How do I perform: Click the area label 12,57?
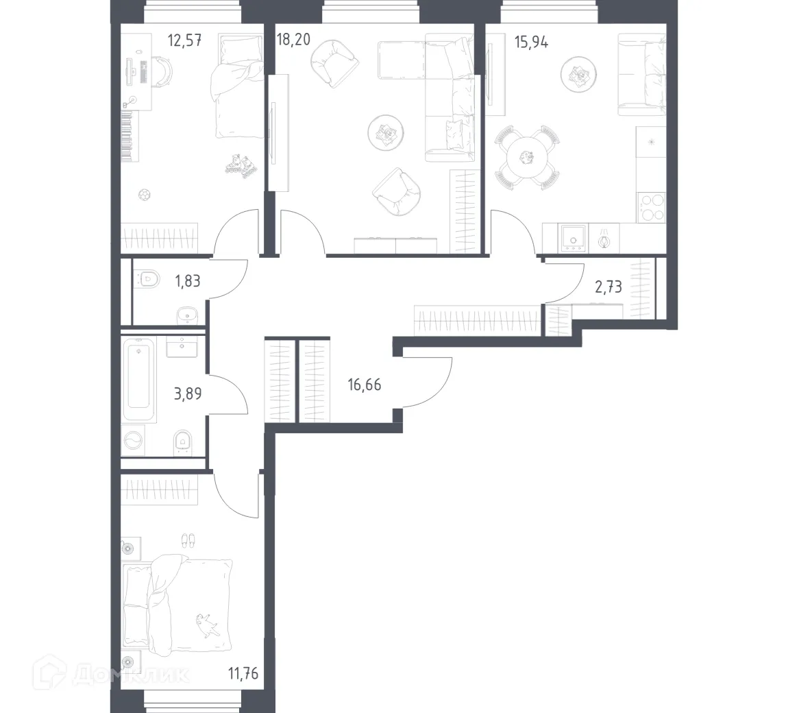pyautogui.click(x=184, y=40)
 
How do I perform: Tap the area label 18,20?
pyautogui.click(x=293, y=40)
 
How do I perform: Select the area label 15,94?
pyautogui.click(x=531, y=40)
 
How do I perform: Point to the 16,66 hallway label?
pyautogui.click(x=364, y=385)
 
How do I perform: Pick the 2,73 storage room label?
pyautogui.click(x=608, y=287)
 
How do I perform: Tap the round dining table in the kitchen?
pyautogui.click(x=526, y=158)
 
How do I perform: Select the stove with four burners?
pyautogui.click(x=651, y=207)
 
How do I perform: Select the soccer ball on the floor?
pyautogui.click(x=145, y=195)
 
